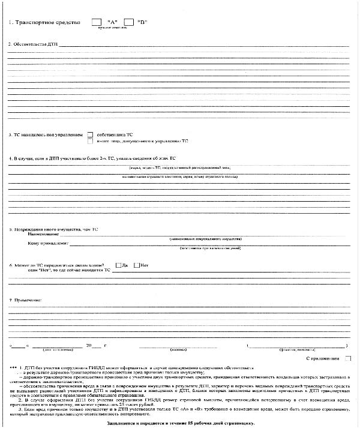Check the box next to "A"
[97, 22]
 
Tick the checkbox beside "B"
[128, 22]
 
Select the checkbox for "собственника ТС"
[91, 134]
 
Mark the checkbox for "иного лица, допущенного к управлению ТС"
[91, 141]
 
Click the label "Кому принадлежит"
[49, 244]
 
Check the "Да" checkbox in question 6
[118, 265]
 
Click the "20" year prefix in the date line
[89, 346]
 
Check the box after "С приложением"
[348, 358]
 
